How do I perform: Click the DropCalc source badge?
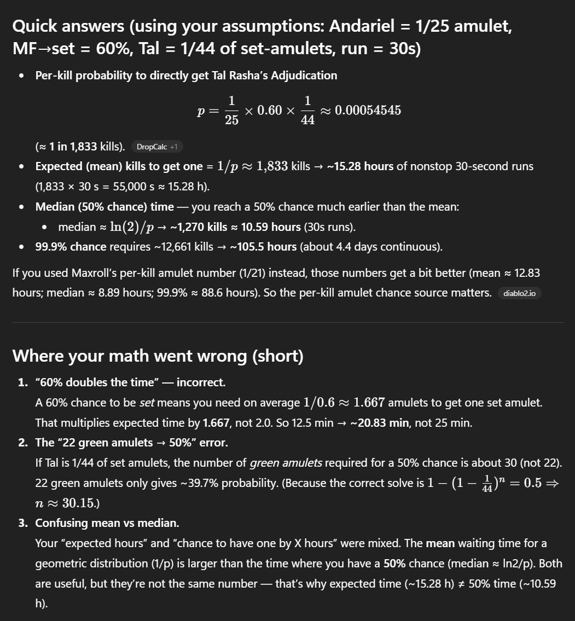[157, 147]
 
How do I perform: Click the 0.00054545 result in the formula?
[368, 110]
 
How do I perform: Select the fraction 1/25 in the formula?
[231, 110]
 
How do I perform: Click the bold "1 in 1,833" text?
[73, 146]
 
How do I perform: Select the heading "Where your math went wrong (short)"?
[158, 356]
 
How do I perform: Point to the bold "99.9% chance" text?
[71, 247]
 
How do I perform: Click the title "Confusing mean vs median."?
[107, 523]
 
